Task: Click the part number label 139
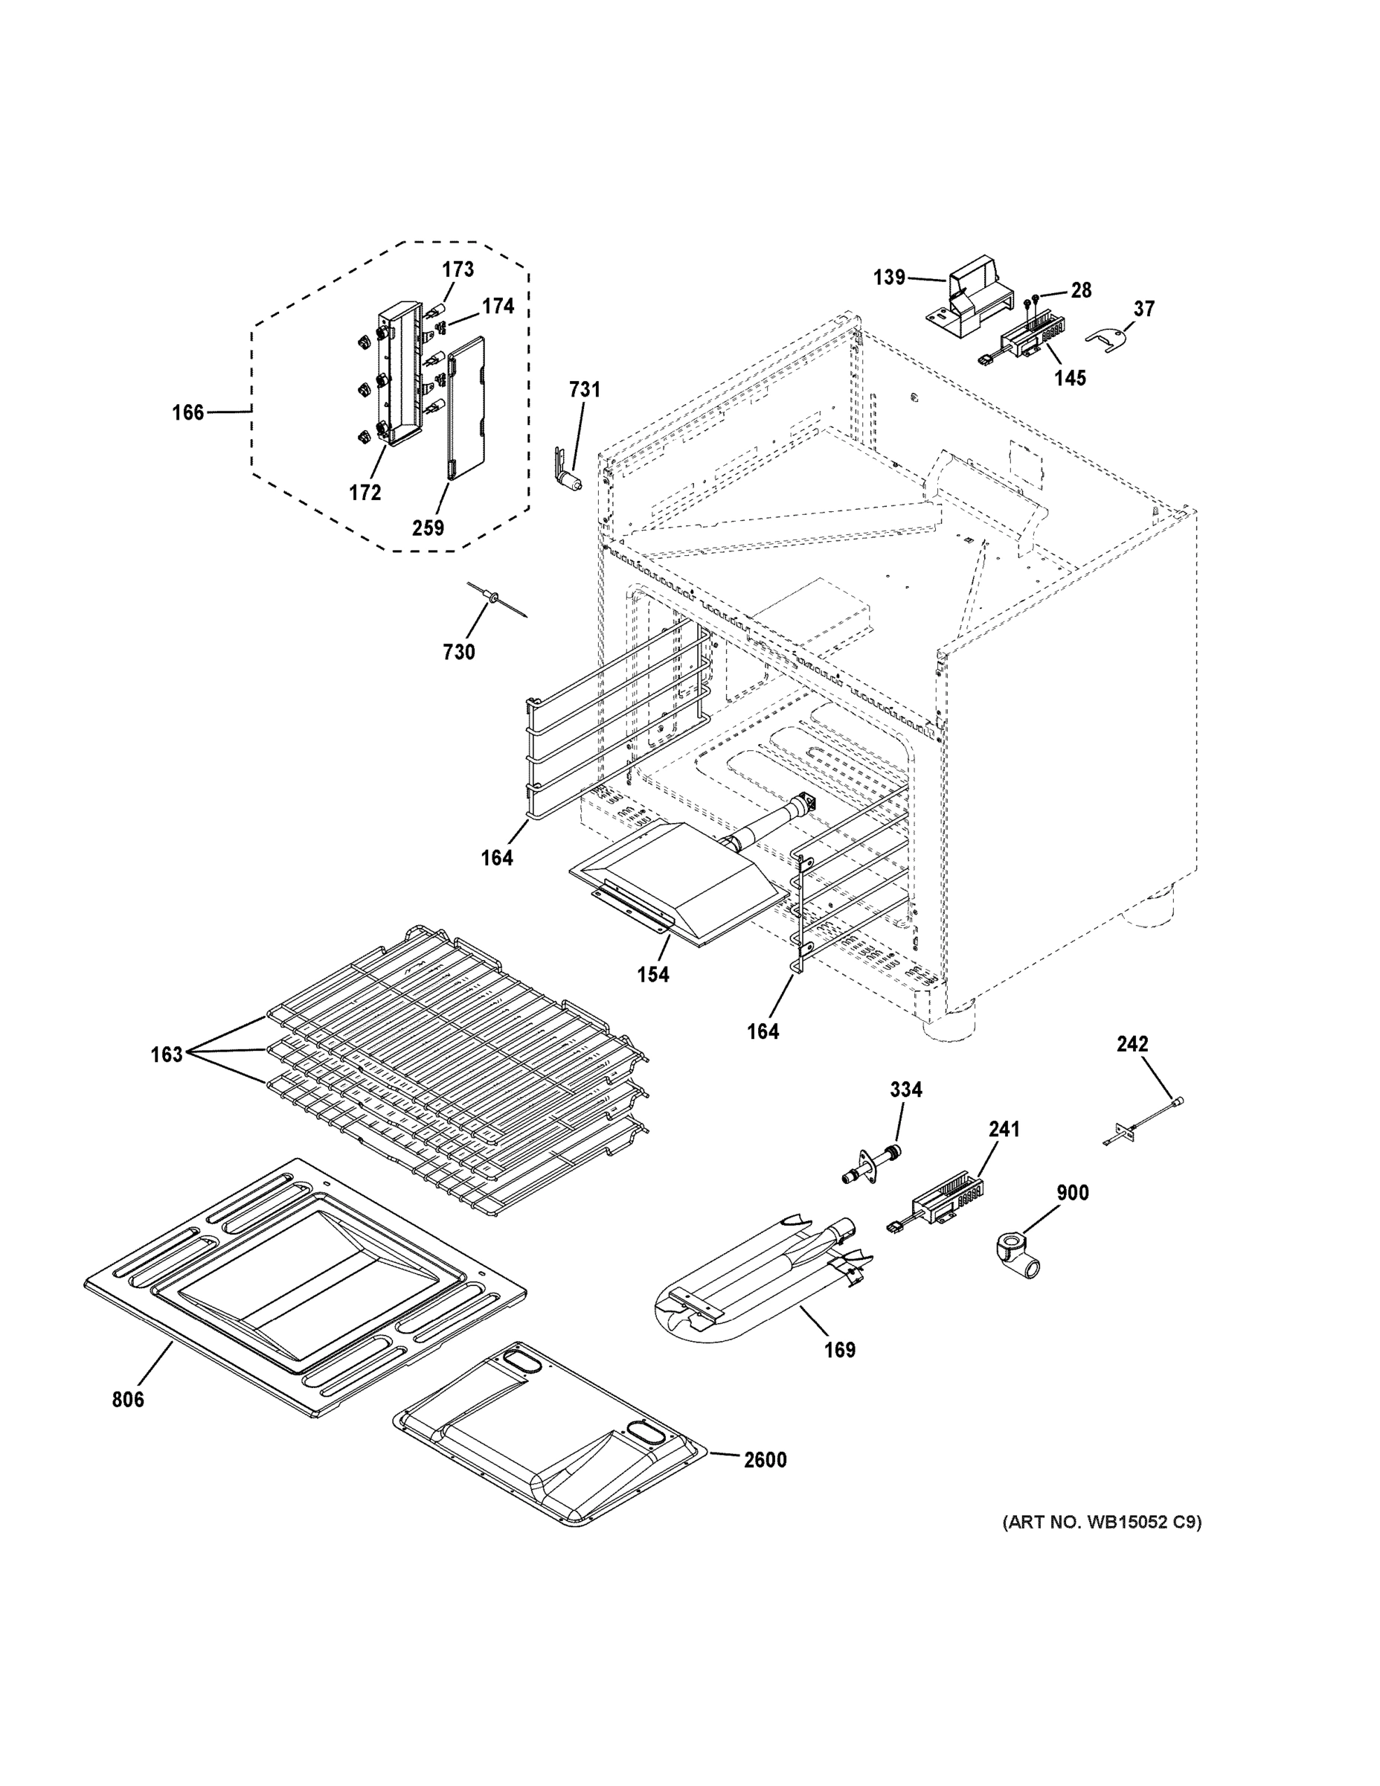(889, 278)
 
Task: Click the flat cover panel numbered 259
(465, 408)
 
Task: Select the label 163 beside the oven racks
(166, 1055)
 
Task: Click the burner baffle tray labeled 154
(678, 883)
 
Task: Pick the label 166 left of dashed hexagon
(187, 412)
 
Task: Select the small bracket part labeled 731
(568, 470)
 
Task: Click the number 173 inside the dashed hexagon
(458, 269)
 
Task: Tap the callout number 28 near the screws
(1081, 290)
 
